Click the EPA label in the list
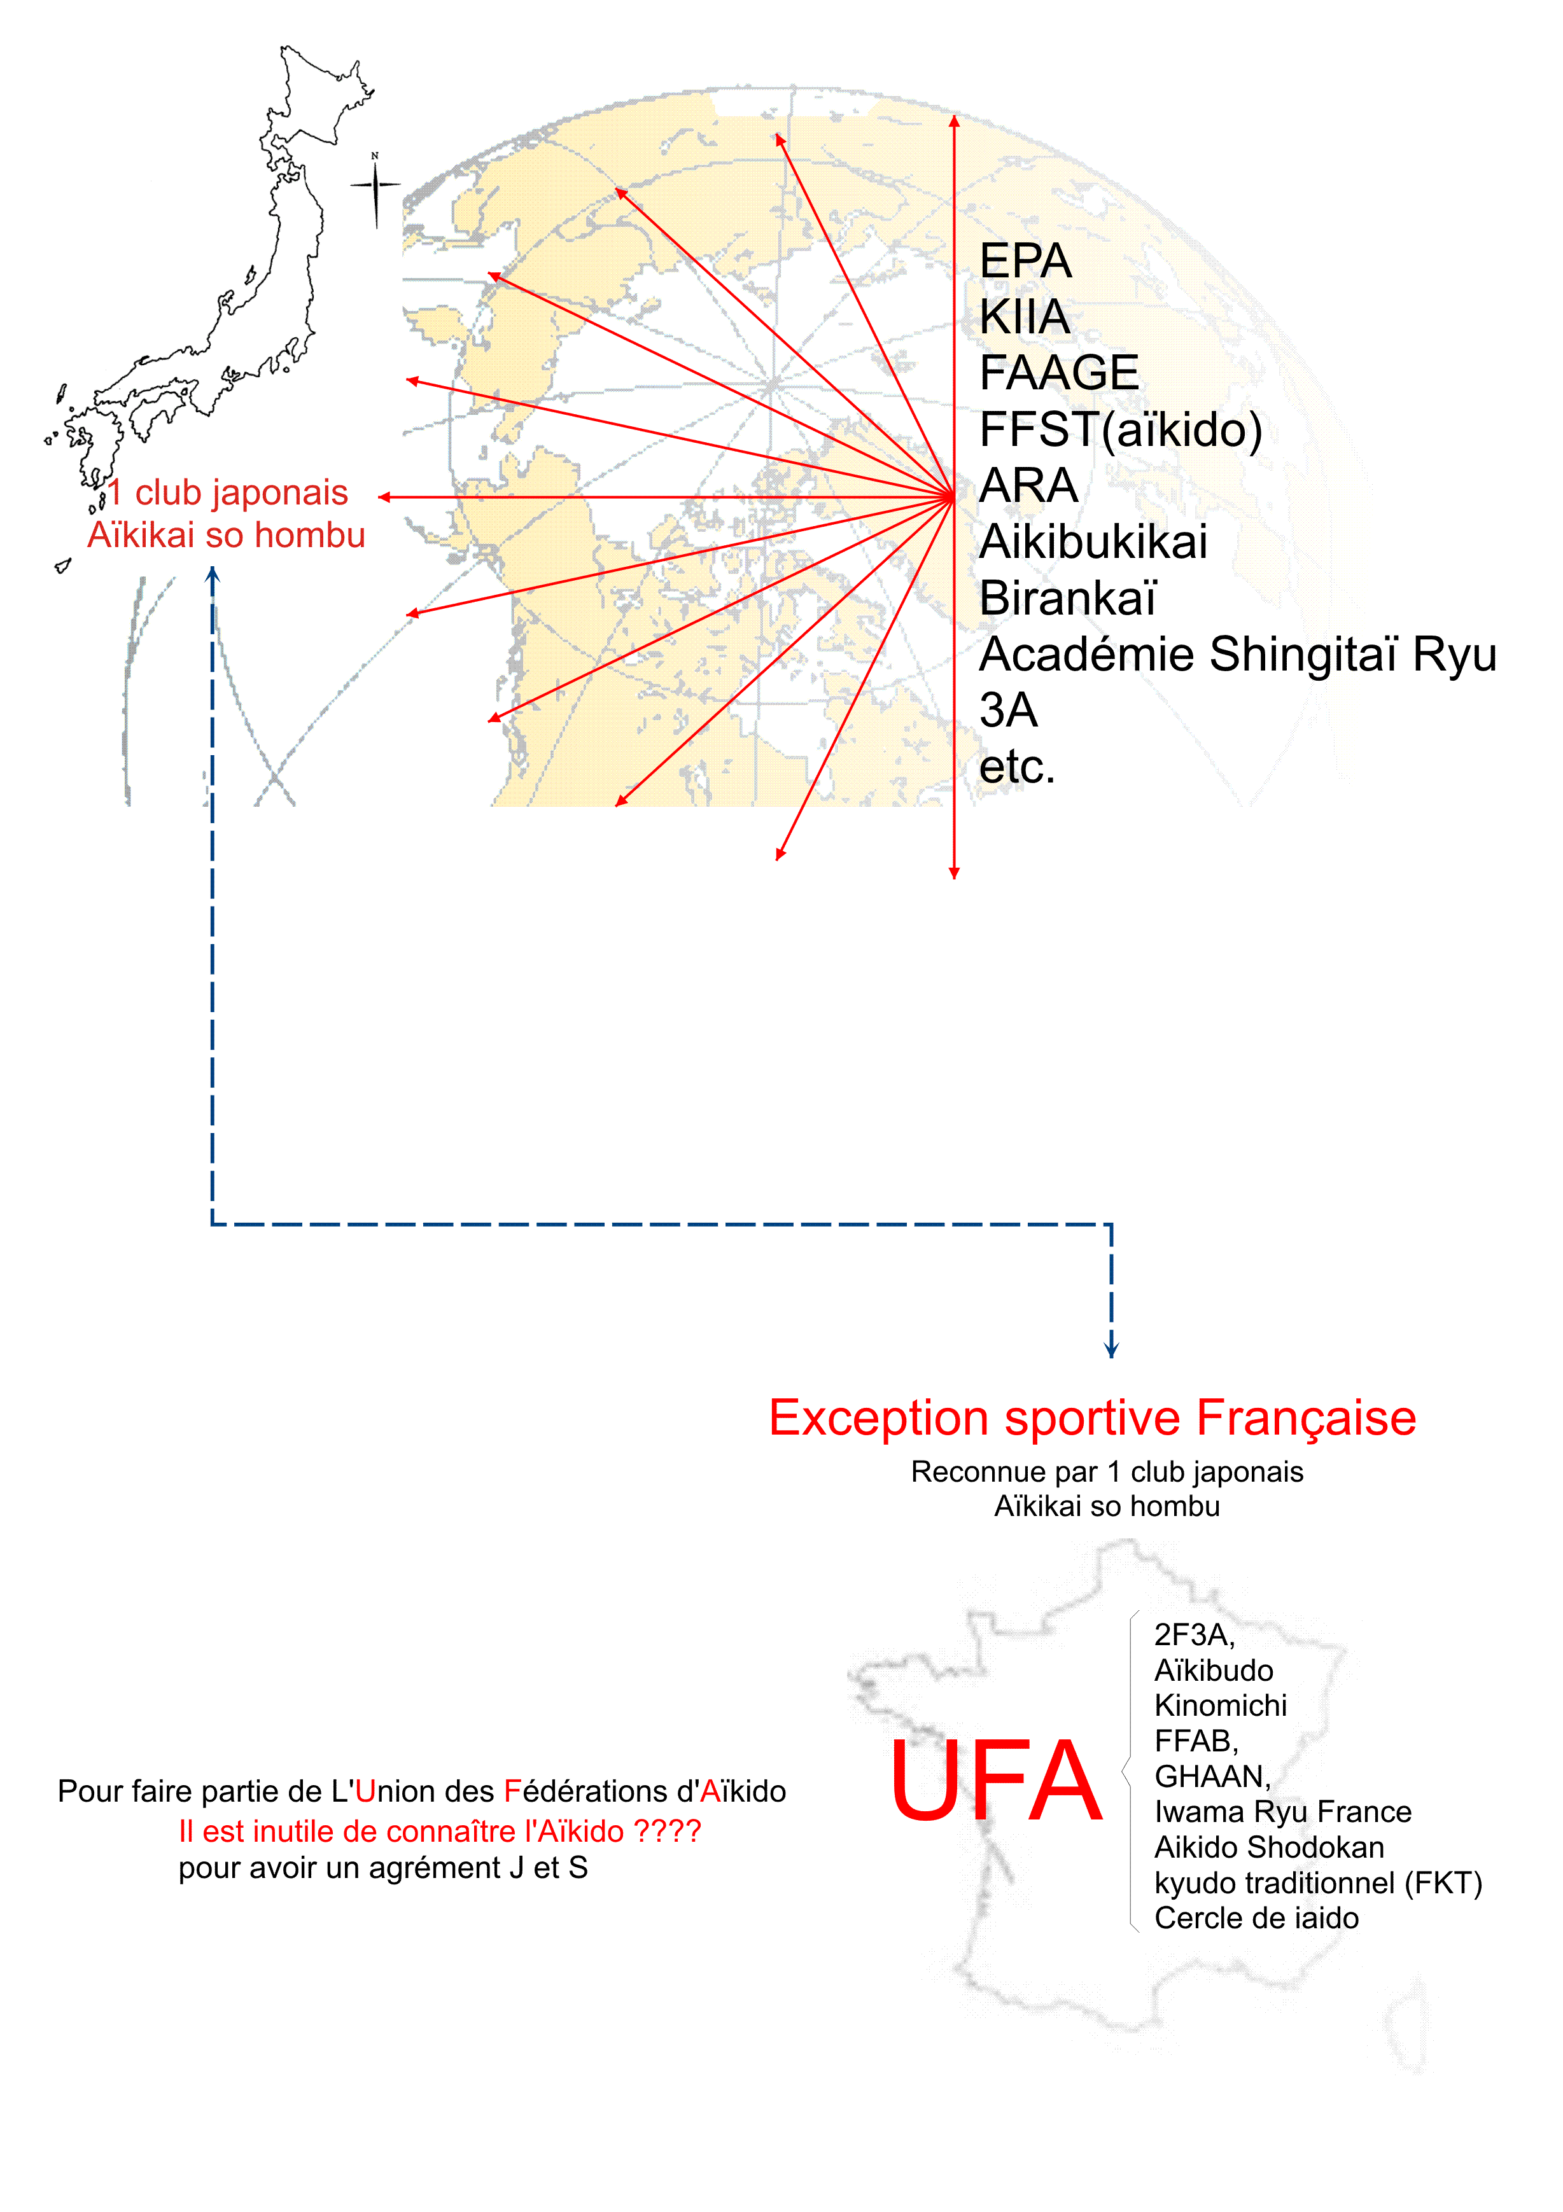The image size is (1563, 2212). (x=1025, y=261)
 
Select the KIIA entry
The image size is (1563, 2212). (x=1025, y=317)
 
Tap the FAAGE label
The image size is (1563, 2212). (x=1059, y=373)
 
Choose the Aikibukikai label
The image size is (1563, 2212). (x=1093, y=541)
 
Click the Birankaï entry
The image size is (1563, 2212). (x=1068, y=597)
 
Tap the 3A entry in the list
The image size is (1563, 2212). (x=1008, y=711)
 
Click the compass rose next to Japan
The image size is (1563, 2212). (x=376, y=188)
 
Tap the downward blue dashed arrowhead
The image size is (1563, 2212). (x=1111, y=1348)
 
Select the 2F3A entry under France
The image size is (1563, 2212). (x=1194, y=1635)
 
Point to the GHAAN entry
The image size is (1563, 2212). (x=1212, y=1777)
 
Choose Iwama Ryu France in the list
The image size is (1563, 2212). (x=1282, y=1812)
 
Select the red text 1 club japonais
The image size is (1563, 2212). (x=227, y=492)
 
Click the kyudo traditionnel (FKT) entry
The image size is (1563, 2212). (x=1318, y=1884)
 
